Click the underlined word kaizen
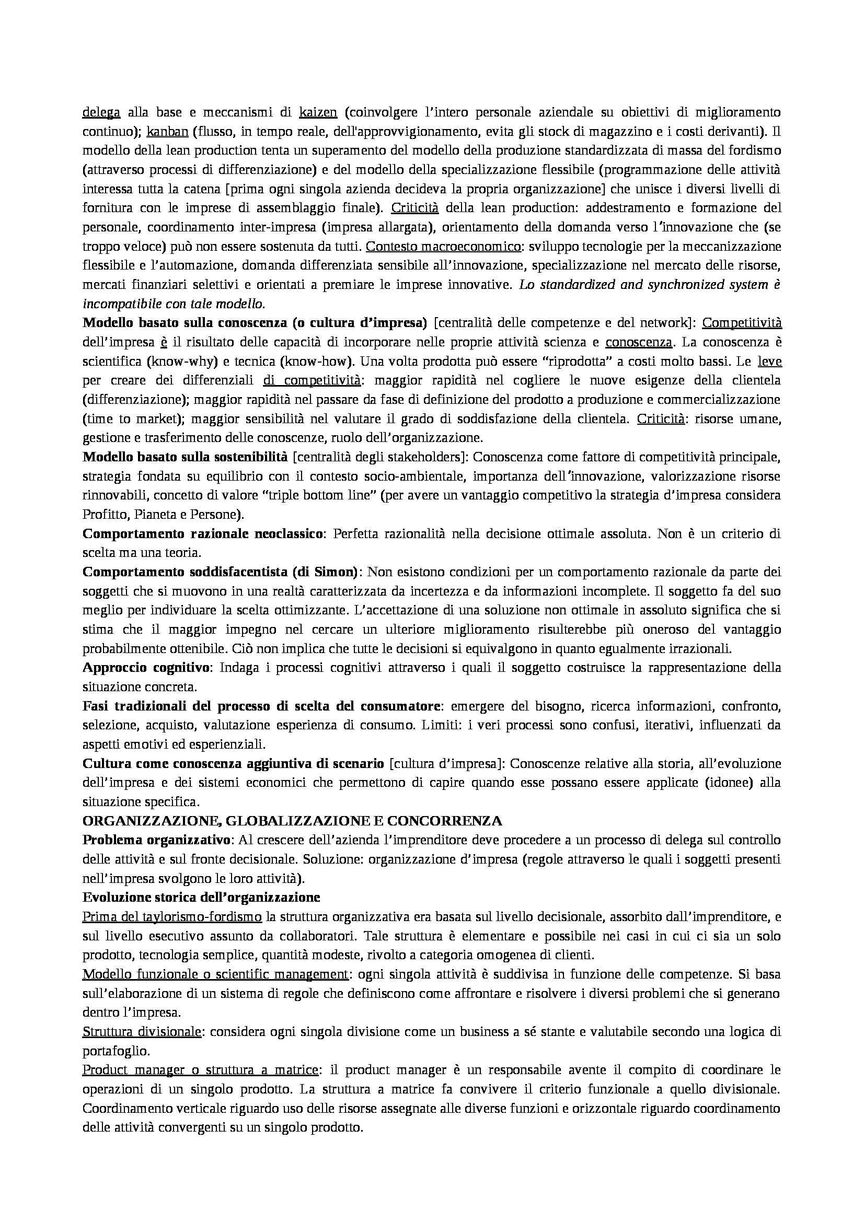[318, 112]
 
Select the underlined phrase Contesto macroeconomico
[444, 247]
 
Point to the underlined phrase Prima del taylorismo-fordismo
[172, 917]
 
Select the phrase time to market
[131, 419]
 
